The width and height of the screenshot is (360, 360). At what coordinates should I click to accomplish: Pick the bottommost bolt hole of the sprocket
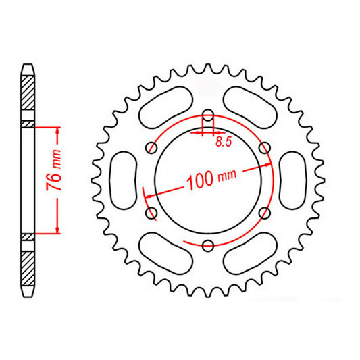(x=208, y=244)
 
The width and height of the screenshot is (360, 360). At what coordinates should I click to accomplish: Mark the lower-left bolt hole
(x=151, y=214)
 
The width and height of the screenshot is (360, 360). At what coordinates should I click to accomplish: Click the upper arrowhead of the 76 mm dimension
(x=58, y=129)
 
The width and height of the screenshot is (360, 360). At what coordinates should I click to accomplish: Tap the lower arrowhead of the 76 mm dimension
(x=58, y=230)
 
